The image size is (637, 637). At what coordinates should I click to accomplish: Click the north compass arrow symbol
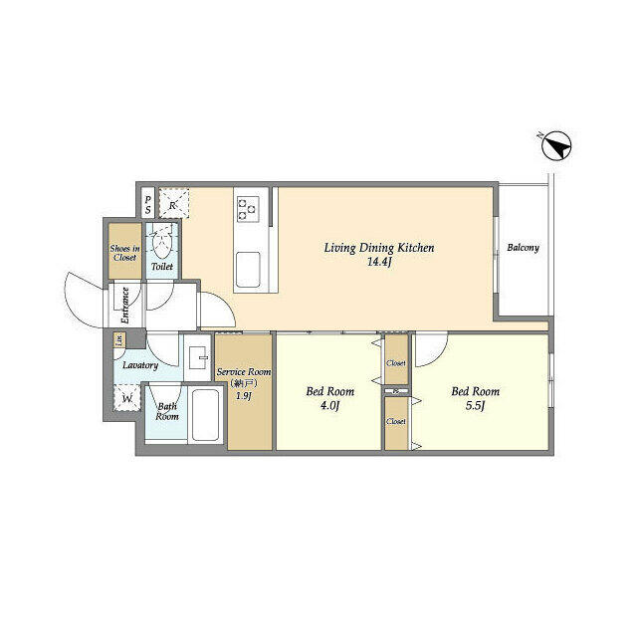pos(555,147)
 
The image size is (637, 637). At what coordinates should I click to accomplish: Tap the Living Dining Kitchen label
pos(378,248)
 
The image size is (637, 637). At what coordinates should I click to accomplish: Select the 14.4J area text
pos(378,264)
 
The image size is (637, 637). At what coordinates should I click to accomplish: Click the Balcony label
pos(523,248)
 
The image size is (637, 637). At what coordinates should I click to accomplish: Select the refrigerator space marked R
pos(173,204)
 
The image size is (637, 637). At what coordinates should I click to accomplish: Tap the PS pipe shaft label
pos(148,205)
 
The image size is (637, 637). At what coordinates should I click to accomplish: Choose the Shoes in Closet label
pos(124,252)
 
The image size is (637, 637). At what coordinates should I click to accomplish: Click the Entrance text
pos(125,306)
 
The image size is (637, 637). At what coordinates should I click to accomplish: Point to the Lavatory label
pos(140,365)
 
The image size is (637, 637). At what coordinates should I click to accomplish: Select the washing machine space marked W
pos(127,400)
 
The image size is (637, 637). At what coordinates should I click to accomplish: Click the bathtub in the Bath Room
pos(205,417)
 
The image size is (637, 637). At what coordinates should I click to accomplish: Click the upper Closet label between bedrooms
pos(396,364)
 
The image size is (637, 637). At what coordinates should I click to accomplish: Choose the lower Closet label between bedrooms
pos(396,422)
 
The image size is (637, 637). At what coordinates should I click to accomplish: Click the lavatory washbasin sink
pos(197,355)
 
